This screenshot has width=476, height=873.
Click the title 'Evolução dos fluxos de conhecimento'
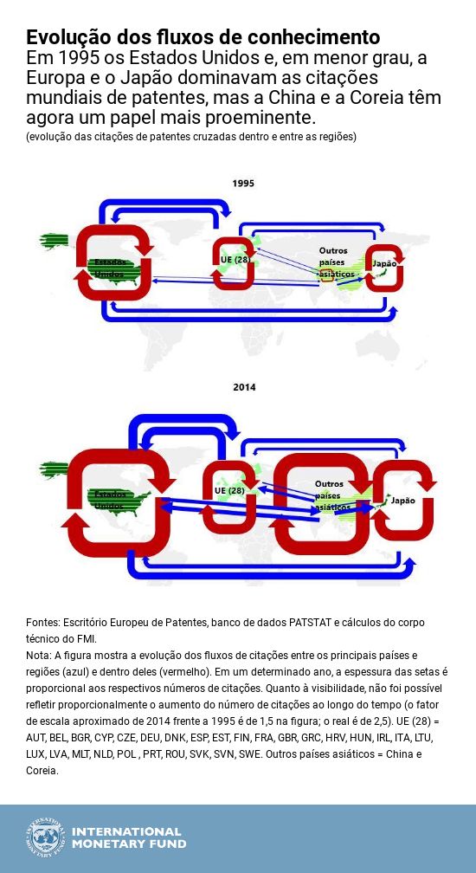point(203,37)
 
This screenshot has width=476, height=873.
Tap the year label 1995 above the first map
point(243,183)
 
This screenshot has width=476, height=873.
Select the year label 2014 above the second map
point(244,387)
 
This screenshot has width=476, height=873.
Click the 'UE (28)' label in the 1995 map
point(235,259)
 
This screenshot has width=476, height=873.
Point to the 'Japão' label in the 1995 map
point(383,263)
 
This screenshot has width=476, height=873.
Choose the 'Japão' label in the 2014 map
point(402,501)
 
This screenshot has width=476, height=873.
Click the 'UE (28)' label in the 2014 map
point(229,490)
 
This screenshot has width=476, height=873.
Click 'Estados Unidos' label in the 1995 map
point(110,268)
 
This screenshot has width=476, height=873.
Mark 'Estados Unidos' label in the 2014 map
point(109,500)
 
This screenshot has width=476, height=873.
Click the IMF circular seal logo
point(45,837)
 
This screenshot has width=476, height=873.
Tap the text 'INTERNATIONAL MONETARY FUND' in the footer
point(128,837)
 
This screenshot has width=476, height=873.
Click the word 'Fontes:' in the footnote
point(43,623)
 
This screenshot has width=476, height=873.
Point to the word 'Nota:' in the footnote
point(40,655)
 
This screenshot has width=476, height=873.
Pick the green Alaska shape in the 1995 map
point(54,240)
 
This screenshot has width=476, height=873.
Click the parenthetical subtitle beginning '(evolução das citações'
point(190,137)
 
